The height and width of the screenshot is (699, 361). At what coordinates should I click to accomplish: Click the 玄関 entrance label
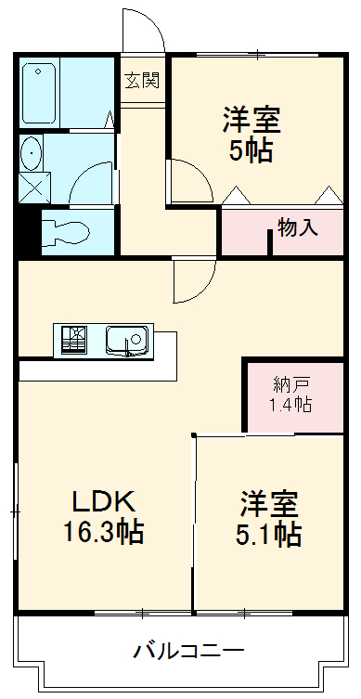click(142, 80)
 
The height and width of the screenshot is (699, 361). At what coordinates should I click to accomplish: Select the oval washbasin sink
click(32, 152)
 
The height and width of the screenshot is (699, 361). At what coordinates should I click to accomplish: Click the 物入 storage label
click(296, 227)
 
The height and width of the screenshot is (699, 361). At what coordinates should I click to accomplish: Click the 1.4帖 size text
click(290, 405)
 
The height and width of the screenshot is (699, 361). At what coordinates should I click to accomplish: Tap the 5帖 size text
click(251, 151)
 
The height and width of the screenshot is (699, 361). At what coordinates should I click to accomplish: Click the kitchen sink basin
click(126, 340)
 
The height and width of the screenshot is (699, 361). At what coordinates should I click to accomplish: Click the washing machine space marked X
click(32, 185)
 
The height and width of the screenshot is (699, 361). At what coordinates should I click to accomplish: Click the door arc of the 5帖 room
click(188, 179)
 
